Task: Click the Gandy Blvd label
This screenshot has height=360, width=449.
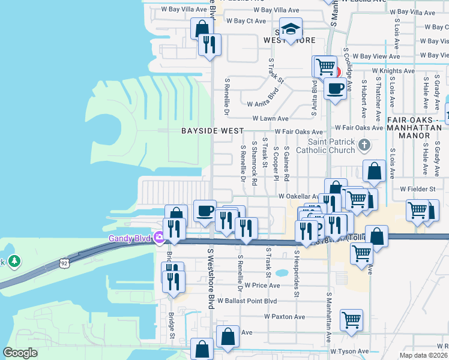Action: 130,238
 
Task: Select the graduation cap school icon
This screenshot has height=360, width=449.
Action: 291,30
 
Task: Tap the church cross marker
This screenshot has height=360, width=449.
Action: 364,145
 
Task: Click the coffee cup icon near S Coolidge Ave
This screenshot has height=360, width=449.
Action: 335,88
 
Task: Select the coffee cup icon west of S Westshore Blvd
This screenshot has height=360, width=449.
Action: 205,211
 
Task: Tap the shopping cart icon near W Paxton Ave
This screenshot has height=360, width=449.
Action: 351,319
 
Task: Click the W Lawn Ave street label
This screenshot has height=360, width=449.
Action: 270,119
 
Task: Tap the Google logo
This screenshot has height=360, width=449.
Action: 20,353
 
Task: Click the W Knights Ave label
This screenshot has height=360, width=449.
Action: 393,70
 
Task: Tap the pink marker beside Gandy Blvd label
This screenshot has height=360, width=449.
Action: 159,238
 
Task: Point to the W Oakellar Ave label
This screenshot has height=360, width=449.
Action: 298,196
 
